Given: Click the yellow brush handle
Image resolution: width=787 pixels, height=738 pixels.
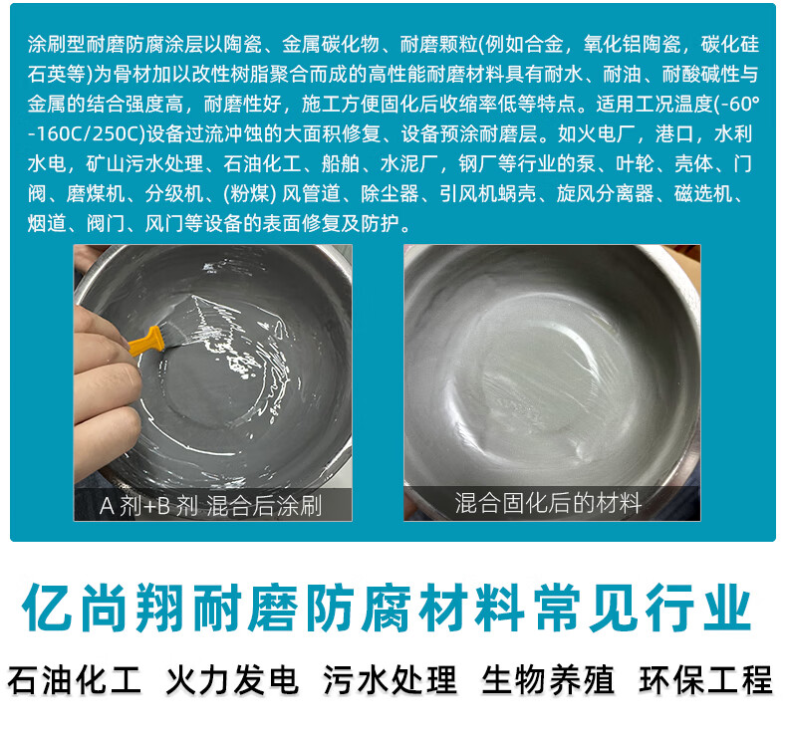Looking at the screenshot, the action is (x=146, y=342).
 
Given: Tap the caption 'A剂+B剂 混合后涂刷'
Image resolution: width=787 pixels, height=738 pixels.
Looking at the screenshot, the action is (x=211, y=505).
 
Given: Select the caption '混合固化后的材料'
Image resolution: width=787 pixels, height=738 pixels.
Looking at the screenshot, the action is (x=548, y=502).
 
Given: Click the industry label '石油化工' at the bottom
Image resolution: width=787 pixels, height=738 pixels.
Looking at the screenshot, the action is (x=75, y=680).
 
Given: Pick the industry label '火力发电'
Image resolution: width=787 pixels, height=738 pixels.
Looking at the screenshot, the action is (x=232, y=680).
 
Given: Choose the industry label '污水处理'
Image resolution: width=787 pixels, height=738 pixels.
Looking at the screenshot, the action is (x=390, y=680).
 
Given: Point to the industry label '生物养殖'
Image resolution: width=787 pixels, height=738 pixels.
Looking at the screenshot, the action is (x=548, y=680).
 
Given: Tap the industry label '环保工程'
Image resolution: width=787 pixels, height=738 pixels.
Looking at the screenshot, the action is (x=705, y=680).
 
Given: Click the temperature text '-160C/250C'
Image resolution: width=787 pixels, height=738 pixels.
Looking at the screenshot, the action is (x=87, y=133).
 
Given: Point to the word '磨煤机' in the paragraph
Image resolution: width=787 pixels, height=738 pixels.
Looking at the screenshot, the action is (x=96, y=193).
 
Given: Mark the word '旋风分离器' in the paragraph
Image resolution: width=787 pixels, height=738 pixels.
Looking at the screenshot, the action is (x=606, y=193).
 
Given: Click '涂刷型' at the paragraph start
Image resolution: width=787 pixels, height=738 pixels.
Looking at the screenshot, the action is (x=57, y=45).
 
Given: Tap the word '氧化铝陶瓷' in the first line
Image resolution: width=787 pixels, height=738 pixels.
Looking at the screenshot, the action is (x=632, y=45).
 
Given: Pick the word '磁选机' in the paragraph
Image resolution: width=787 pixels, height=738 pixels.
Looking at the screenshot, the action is (x=703, y=193).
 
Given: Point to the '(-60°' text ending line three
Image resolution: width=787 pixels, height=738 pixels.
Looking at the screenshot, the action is (x=737, y=105).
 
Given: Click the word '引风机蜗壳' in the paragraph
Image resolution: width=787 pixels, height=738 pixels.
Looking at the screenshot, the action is (x=488, y=193).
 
